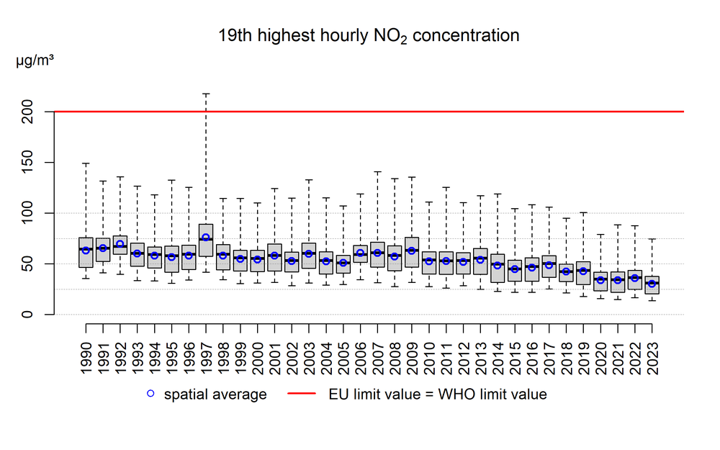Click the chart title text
click(369, 35)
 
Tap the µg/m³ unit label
click(35, 60)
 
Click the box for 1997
click(206, 240)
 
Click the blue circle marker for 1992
click(120, 244)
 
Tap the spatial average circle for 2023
click(652, 284)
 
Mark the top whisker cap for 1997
click(206, 94)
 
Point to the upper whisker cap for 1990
click(86, 163)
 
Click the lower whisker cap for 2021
click(618, 299)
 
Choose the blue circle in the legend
click(150, 395)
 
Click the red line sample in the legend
click(303, 395)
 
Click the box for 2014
click(498, 268)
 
